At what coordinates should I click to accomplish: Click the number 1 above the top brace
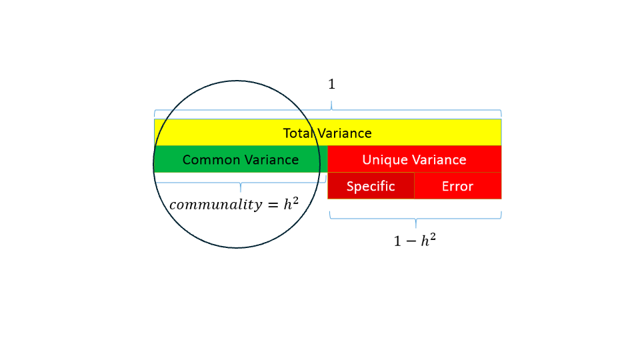pyautogui.click(x=331, y=85)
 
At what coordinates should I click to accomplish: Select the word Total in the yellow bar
pyautogui.click(x=298, y=133)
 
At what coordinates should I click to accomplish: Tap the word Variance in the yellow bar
pyautogui.click(x=344, y=133)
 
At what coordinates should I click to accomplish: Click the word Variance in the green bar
pyautogui.click(x=269, y=160)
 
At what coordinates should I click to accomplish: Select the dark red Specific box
pyautogui.click(x=371, y=186)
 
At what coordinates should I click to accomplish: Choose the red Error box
pyautogui.click(x=457, y=186)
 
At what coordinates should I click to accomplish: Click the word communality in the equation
pyautogui.click(x=215, y=205)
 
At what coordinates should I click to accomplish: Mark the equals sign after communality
pyautogui.click(x=273, y=205)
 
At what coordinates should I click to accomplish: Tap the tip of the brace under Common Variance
pyautogui.click(x=241, y=191)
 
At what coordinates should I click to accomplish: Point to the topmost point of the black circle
pyautogui.click(x=237, y=81)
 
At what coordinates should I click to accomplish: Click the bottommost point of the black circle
pyautogui.click(x=237, y=248)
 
